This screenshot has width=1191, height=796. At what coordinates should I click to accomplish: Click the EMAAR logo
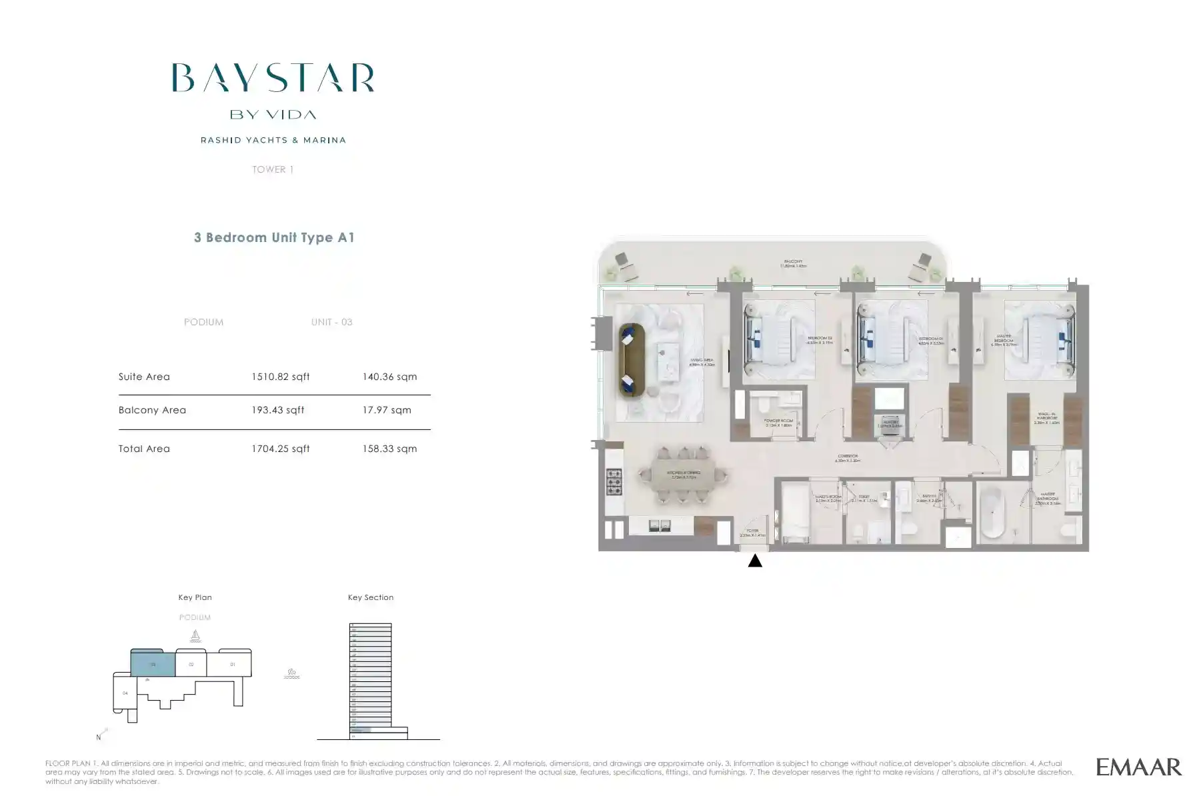click(x=1138, y=767)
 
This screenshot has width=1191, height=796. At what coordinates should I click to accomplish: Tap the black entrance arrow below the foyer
click(x=755, y=561)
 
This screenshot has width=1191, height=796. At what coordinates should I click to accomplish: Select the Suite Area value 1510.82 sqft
click(x=280, y=377)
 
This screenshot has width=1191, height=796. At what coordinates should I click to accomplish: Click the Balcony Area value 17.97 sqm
click(x=387, y=410)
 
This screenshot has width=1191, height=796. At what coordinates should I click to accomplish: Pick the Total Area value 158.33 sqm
click(x=389, y=449)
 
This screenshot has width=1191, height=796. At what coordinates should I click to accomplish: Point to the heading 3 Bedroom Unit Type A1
click(x=274, y=237)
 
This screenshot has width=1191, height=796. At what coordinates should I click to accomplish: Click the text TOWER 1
click(x=273, y=169)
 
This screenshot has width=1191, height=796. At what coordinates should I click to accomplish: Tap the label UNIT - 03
click(x=331, y=322)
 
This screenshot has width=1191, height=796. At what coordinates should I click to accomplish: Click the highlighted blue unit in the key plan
click(x=153, y=665)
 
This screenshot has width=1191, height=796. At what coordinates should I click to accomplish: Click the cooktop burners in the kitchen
click(x=614, y=481)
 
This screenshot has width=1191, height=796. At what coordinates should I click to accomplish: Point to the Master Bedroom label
click(x=1003, y=340)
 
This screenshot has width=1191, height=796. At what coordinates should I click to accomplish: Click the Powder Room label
click(x=778, y=423)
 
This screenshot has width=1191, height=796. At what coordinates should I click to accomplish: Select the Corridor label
click(x=848, y=458)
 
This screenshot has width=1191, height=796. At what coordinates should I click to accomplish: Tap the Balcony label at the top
click(x=793, y=263)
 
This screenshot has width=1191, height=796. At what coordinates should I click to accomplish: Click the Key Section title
click(x=370, y=597)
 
